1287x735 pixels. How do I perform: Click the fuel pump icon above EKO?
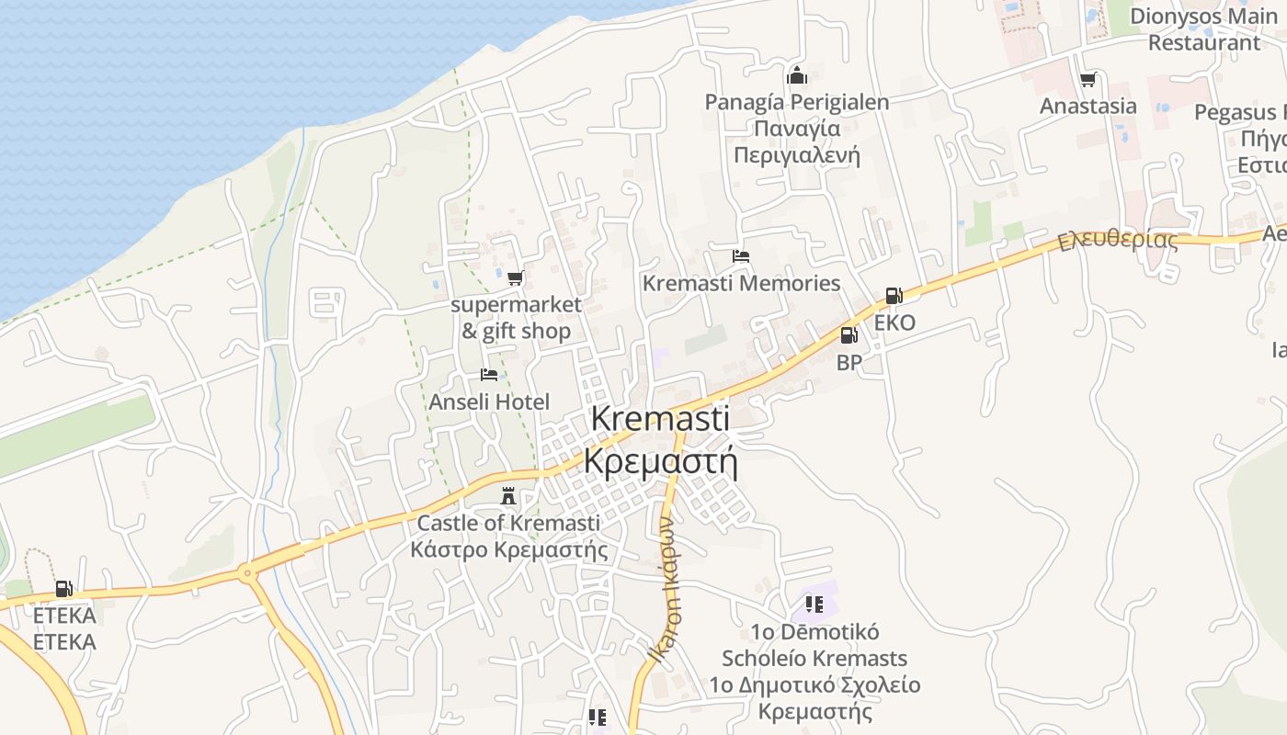894,296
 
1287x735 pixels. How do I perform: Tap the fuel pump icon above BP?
849,335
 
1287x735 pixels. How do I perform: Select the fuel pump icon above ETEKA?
63,589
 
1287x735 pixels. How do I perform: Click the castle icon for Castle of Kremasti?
507,496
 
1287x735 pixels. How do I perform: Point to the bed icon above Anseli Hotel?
489,375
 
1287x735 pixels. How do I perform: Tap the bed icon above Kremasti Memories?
741,256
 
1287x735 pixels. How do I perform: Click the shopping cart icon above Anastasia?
1088,80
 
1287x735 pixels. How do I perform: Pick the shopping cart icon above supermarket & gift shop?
516,277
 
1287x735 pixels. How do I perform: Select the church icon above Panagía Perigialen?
797,75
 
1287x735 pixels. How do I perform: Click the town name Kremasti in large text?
660,418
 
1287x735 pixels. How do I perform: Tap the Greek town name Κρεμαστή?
661,461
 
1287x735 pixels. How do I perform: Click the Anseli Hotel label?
489,401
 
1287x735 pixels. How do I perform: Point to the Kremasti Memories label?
741,283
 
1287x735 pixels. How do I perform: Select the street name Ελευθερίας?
1117,241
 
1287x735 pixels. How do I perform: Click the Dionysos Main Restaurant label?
1203,29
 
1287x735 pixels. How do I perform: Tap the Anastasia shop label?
1088,106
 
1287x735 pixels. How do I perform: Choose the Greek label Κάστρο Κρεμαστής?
508,549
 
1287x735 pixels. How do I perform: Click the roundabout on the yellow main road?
247,574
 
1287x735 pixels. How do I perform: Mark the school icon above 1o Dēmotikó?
814,604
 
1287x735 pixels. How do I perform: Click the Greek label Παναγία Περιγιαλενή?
797,141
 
